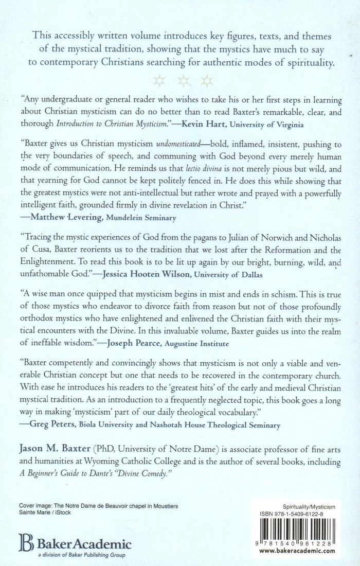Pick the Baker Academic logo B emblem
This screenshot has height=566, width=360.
pos(25,543)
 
